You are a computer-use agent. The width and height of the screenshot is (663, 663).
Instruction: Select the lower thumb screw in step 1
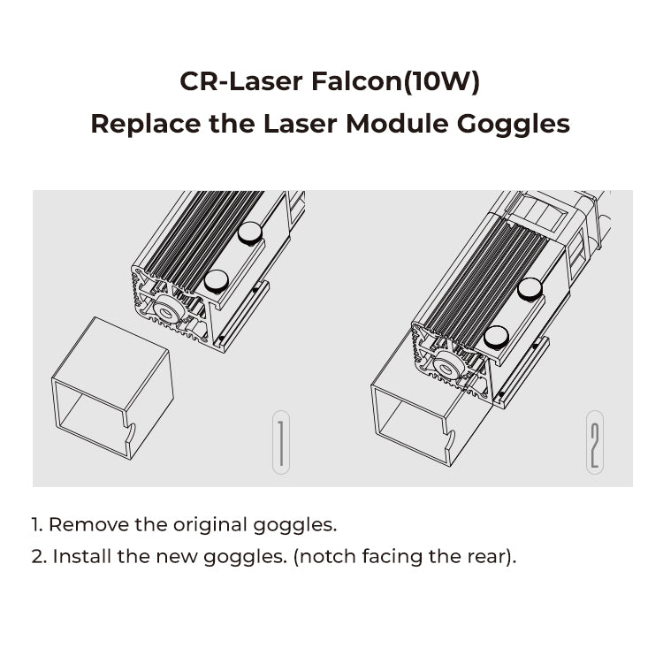(216, 281)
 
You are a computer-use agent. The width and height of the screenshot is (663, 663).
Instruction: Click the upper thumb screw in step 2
(530, 288)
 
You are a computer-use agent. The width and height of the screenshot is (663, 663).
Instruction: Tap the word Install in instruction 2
(82, 557)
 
